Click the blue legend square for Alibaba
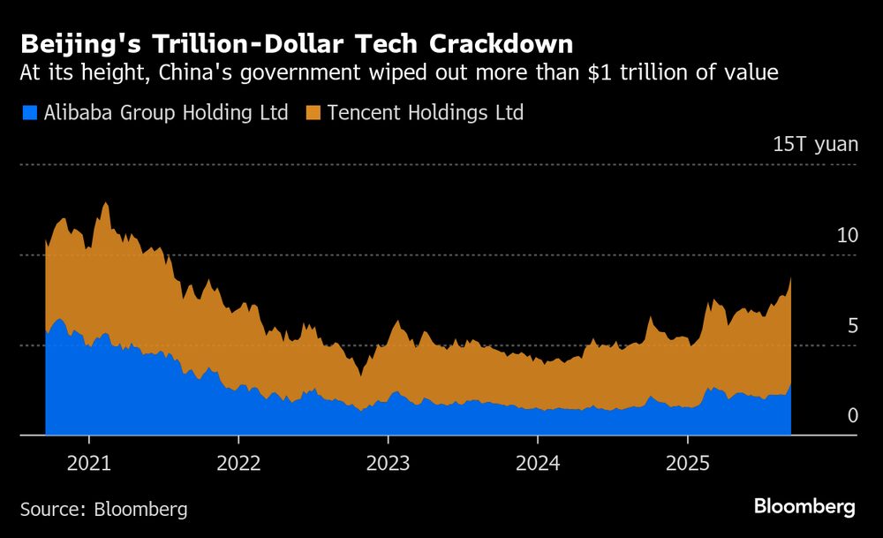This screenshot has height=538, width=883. (28, 113)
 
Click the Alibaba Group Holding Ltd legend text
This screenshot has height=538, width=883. (164, 113)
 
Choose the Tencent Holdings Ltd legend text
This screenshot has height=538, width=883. (426, 113)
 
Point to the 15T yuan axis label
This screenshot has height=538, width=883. (815, 145)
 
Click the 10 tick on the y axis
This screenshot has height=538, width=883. (847, 235)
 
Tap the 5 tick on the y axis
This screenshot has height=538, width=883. (852, 326)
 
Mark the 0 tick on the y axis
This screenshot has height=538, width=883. (852, 415)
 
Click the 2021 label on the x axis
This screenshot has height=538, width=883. (88, 462)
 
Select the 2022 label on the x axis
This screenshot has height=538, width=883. (238, 462)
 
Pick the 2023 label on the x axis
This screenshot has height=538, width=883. (389, 462)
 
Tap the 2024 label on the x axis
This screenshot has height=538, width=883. (538, 462)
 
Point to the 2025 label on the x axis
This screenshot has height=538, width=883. (688, 462)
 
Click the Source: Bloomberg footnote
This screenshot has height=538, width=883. (103, 509)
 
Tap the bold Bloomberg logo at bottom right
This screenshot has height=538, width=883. (804, 507)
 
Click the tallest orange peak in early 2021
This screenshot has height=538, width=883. (106, 205)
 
